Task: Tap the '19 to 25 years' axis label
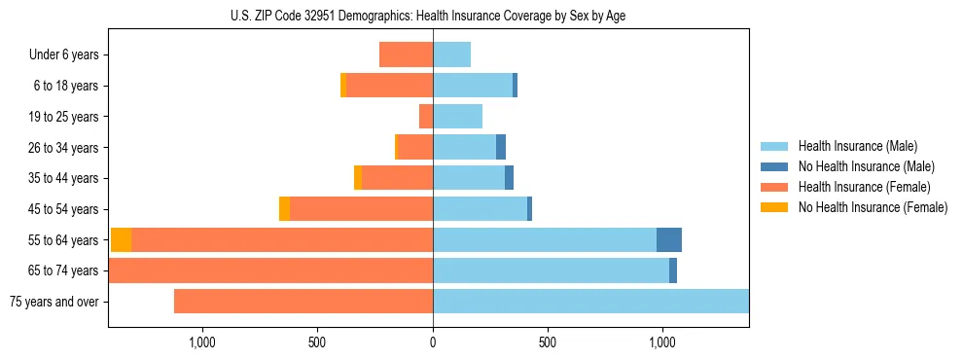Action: click(x=63, y=117)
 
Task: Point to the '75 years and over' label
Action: click(x=53, y=302)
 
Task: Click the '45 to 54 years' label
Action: click(x=63, y=209)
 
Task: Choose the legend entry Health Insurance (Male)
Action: click(x=857, y=146)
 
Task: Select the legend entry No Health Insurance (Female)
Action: click(x=873, y=207)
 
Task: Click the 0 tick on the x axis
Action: click(x=433, y=342)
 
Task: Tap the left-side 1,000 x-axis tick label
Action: click(x=202, y=342)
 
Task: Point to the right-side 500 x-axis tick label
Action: click(x=547, y=342)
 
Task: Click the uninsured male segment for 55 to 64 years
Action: click(x=669, y=240)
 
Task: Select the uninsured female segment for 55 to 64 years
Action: click(x=122, y=240)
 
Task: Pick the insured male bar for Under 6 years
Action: click(x=452, y=54)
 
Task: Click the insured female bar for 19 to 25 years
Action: click(x=426, y=117)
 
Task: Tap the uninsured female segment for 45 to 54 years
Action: click(x=284, y=209)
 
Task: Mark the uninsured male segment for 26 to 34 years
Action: click(x=501, y=147)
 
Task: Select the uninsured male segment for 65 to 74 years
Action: click(x=673, y=270)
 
